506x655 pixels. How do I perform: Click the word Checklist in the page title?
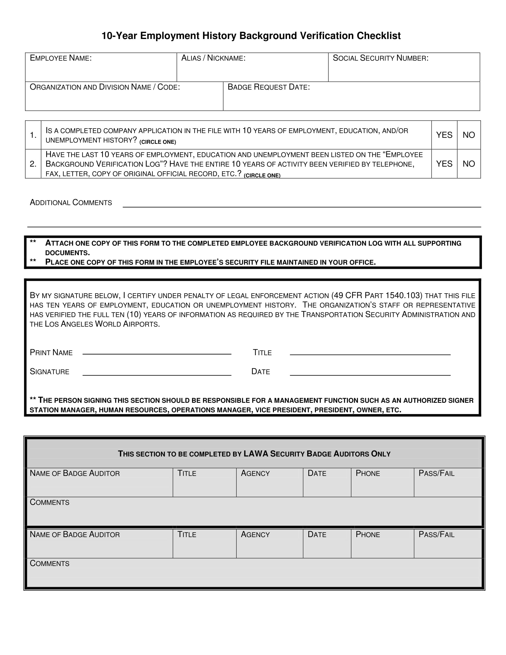point(378,36)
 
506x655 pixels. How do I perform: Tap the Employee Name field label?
point(61,58)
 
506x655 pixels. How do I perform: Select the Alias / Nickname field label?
point(213,58)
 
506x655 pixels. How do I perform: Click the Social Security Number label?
point(380,58)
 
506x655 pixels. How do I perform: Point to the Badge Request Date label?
point(268,87)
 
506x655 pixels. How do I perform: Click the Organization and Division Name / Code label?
point(104,87)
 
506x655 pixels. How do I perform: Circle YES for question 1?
point(444,135)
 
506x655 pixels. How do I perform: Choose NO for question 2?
point(468,164)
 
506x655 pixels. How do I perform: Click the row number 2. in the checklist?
point(33,164)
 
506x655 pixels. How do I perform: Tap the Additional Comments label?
point(71,203)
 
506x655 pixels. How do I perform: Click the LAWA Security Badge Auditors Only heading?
point(254,454)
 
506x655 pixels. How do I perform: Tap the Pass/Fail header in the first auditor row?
point(436,474)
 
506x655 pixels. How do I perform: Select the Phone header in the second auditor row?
point(368,535)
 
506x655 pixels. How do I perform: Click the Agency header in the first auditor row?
point(255,474)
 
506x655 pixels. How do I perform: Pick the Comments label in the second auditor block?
point(49,564)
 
